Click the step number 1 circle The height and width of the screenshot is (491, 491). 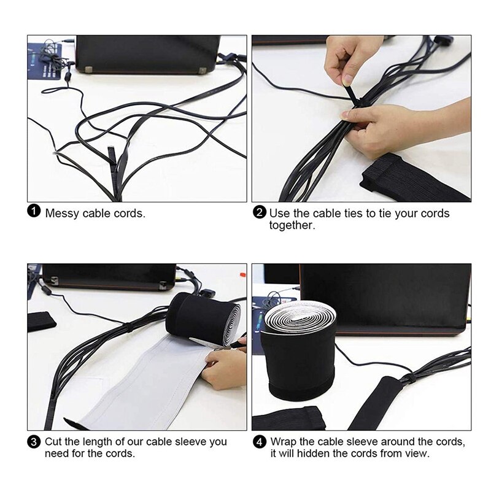coord(34,212)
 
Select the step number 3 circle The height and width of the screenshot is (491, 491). coord(34,442)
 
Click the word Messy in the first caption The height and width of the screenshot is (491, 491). coord(62,213)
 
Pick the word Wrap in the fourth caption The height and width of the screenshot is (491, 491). coord(284,442)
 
